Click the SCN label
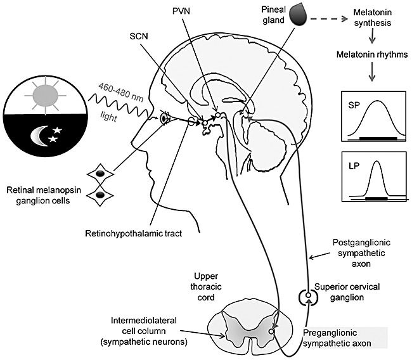click(x=139, y=36)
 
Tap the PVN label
click(x=181, y=11)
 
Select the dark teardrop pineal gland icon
click(x=299, y=16)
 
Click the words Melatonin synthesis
click(x=373, y=17)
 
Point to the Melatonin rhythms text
click(x=372, y=55)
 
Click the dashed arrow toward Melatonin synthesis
click(x=329, y=19)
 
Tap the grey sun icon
click(x=46, y=96)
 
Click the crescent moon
click(x=39, y=136)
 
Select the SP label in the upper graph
click(x=354, y=105)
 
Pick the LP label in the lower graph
click(x=354, y=166)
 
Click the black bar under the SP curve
click(x=378, y=138)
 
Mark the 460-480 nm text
click(x=121, y=93)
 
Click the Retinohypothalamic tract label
click(x=134, y=233)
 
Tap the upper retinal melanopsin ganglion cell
click(x=100, y=174)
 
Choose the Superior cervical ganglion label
click(x=347, y=292)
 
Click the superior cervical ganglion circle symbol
click(x=308, y=295)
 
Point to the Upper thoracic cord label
click(x=206, y=286)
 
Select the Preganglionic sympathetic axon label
click(x=337, y=338)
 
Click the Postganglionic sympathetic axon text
click(x=361, y=253)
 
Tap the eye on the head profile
click(x=164, y=119)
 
